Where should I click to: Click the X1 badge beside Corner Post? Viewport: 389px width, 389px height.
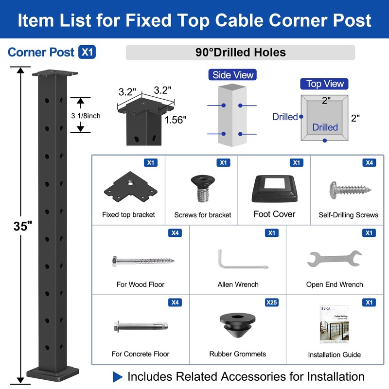[87, 52]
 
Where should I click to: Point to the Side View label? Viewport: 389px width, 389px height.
[233, 75]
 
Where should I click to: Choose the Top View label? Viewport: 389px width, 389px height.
[325, 84]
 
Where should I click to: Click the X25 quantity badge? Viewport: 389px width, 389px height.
[272, 302]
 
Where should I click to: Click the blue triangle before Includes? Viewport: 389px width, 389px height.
[117, 376]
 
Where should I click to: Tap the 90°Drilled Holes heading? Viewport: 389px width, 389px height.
[240, 53]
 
